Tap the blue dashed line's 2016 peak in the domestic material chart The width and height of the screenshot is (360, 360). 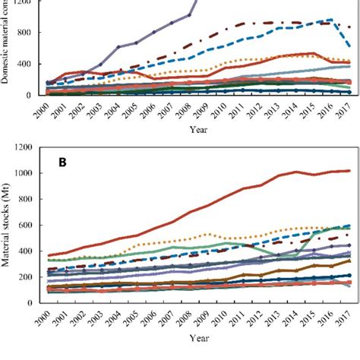pyautogui.click(x=332, y=20)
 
